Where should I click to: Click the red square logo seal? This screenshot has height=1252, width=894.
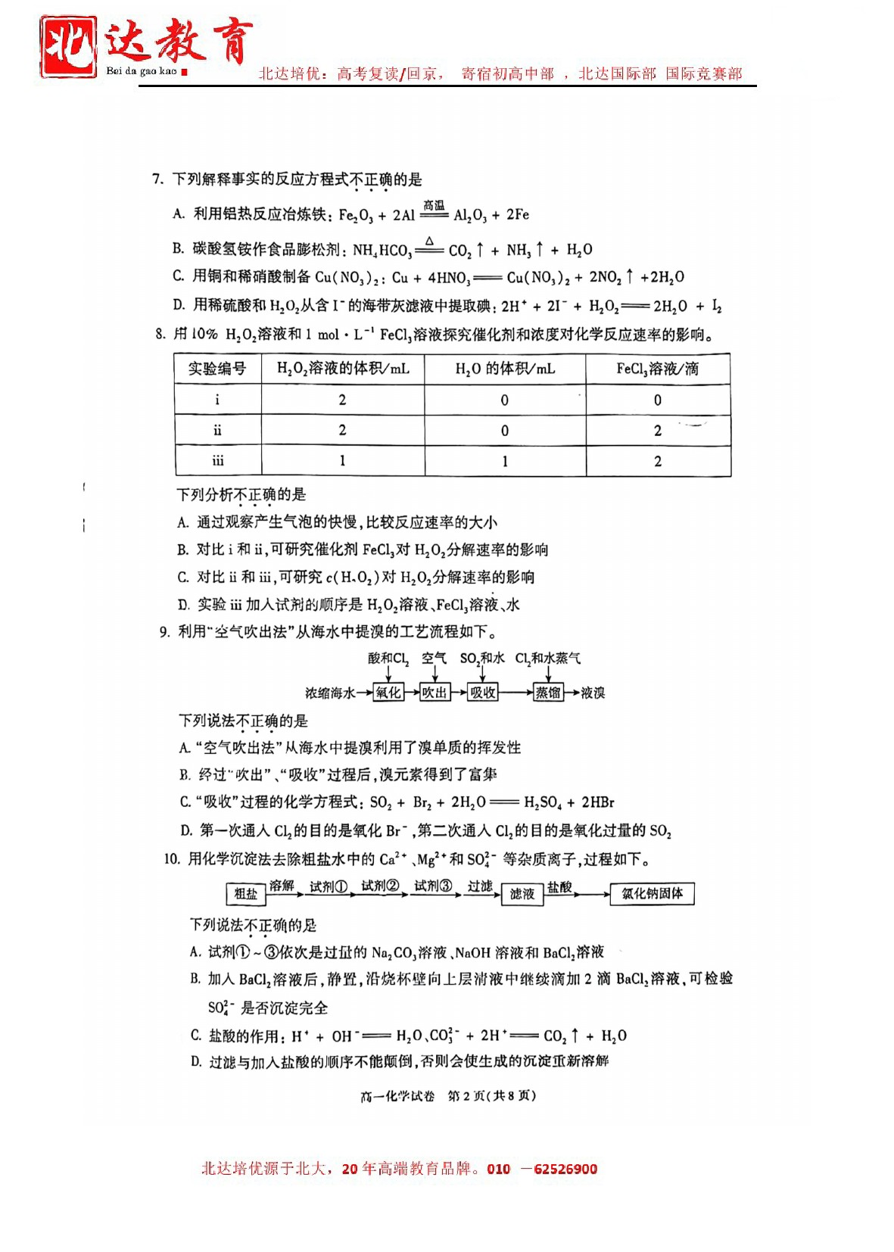pyautogui.click(x=68, y=47)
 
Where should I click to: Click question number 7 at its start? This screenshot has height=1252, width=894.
pyautogui.click(x=157, y=179)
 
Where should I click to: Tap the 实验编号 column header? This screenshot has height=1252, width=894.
pyautogui.click(x=217, y=369)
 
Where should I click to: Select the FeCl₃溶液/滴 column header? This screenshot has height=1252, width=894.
pyautogui.click(x=657, y=369)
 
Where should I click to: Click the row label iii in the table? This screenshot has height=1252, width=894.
pyautogui.click(x=218, y=461)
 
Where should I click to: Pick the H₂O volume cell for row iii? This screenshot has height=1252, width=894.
pyautogui.click(x=505, y=461)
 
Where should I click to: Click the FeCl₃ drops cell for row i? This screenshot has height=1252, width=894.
pyautogui.click(x=657, y=400)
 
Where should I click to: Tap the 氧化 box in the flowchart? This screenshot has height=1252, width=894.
pyautogui.click(x=388, y=693)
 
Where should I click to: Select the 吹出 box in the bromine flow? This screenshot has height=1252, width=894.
pyautogui.click(x=435, y=693)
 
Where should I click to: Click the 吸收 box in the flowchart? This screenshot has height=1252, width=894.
pyautogui.click(x=483, y=693)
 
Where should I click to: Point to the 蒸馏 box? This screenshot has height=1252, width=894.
pyautogui.click(x=548, y=693)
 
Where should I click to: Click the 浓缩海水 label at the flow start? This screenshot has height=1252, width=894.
pyautogui.click(x=330, y=693)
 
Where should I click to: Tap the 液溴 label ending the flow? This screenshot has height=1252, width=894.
pyautogui.click(x=593, y=693)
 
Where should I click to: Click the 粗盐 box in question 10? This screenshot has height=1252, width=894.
pyautogui.click(x=246, y=894)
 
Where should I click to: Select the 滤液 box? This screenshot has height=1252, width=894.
pyautogui.click(x=522, y=894)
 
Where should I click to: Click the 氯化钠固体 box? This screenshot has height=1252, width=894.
pyautogui.click(x=652, y=894)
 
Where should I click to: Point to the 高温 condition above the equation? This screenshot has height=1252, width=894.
pyautogui.click(x=434, y=206)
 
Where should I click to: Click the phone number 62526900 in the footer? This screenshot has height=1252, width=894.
pyautogui.click(x=565, y=1169)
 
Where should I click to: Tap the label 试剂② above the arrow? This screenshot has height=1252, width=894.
pyautogui.click(x=380, y=886)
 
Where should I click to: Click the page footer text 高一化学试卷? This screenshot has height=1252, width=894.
pyautogui.click(x=397, y=1096)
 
